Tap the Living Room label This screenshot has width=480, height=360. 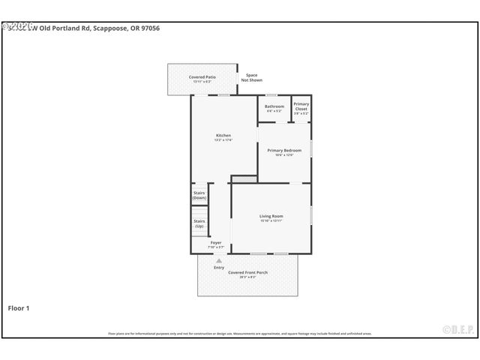pyautogui.click(x=271, y=216)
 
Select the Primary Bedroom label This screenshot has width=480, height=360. pyautogui.click(x=284, y=150)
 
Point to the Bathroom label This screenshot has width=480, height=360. pyautogui.click(x=274, y=106)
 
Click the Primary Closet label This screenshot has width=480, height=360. pyautogui.click(x=301, y=106)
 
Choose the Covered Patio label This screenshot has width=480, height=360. pyautogui.click(x=202, y=76)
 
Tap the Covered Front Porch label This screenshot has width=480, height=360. pyautogui.click(x=247, y=272)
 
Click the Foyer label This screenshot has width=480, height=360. pyautogui.click(x=216, y=243)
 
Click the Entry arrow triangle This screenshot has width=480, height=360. pyautogui.click(x=219, y=260)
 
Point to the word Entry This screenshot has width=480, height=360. pyautogui.click(x=219, y=267)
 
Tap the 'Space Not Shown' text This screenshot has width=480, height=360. pyautogui.click(x=252, y=77)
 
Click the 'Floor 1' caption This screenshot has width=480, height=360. pyautogui.click(x=19, y=307)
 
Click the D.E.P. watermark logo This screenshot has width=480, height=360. pyautogui.click(x=457, y=328)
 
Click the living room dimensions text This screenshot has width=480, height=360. pyautogui.click(x=271, y=220)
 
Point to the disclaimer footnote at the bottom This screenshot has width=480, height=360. pyautogui.click(x=240, y=334)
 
